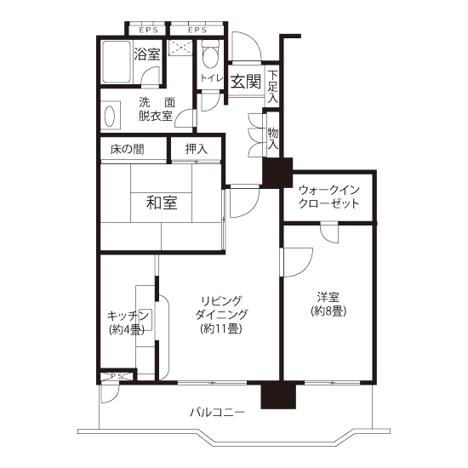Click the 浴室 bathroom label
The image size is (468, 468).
[x=147, y=54]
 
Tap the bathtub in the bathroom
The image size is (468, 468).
[x=117, y=62]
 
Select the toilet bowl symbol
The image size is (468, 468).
[x=210, y=54]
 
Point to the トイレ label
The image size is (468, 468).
[x=211, y=78]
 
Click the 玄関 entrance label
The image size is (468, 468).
[x=246, y=81]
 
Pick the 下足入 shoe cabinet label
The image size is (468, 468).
[x=272, y=87]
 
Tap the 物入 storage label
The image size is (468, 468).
[x=273, y=138]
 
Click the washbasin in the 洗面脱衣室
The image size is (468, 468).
[x=110, y=116]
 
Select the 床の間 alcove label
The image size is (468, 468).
[x=127, y=149]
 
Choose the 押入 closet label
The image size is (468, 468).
[x=196, y=149]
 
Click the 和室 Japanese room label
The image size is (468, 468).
[x=162, y=203]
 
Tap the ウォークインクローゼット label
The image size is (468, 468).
[x=329, y=197]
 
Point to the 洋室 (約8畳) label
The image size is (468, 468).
[x=328, y=305]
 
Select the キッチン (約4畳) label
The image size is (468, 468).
[x=128, y=322]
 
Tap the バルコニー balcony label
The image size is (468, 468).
[x=218, y=413]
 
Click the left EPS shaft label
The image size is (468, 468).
[x=148, y=30]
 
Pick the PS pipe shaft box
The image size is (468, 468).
[x=117, y=376]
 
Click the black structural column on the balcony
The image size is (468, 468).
[x=278, y=396]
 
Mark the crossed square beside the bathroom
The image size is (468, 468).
[x=180, y=48]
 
